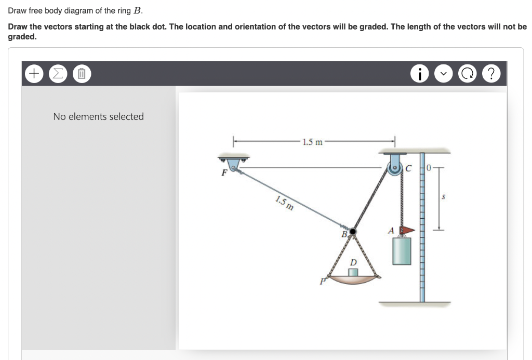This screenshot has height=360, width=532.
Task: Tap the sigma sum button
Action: coord(57,74)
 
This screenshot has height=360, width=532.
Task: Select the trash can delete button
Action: coord(81,74)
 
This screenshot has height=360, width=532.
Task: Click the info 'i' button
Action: coord(419,74)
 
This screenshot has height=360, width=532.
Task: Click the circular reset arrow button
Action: coord(467,74)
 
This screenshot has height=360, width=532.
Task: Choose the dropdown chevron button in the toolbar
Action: coord(443,74)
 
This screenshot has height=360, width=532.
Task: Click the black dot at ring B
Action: coord(353,231)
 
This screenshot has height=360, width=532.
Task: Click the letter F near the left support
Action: coord(224,172)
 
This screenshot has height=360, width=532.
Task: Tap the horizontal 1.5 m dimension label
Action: coord(312,142)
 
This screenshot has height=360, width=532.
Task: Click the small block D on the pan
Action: coord(353,272)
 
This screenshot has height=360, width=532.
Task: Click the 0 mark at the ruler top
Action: coord(429,167)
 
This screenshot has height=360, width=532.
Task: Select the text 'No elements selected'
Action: coord(98,117)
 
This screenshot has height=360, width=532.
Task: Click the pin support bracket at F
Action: coord(233,163)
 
